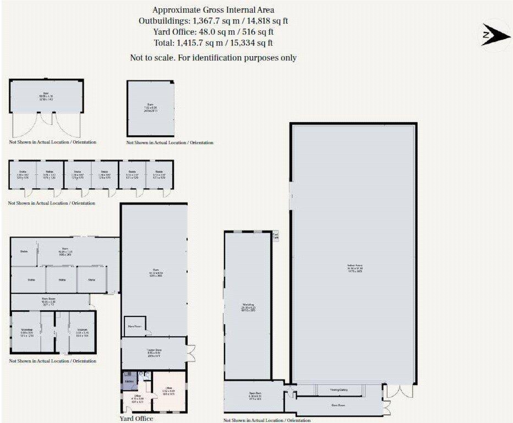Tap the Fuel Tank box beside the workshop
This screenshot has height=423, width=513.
(x=276, y=237)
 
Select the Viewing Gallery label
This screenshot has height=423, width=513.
(x=339, y=390)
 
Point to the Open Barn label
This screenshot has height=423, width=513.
(x=254, y=395)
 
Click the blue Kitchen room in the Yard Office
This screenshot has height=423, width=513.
(x=130, y=381)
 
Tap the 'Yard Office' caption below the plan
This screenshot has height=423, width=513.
(x=136, y=419)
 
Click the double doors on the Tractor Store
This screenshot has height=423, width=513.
(x=191, y=352)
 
